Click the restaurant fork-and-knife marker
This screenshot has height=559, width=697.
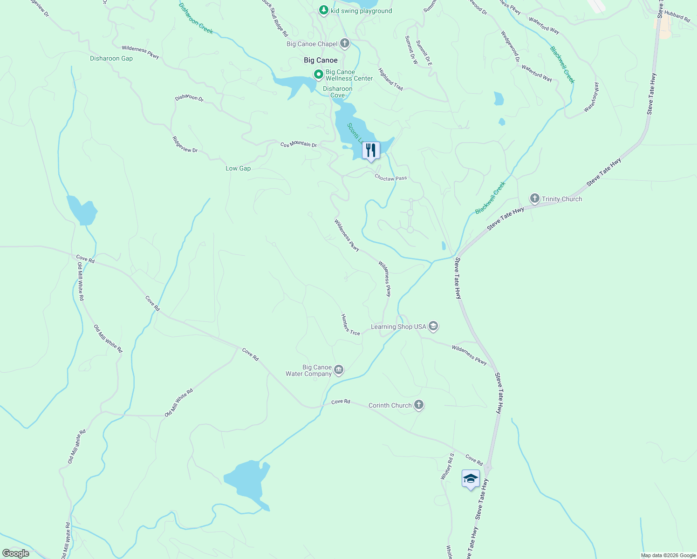click(371, 150)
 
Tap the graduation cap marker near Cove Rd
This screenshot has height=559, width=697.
click(471, 478)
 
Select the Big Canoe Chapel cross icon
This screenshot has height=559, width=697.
click(345, 44)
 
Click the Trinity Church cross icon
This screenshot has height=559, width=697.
click(535, 199)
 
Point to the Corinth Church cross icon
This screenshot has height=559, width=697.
click(419, 405)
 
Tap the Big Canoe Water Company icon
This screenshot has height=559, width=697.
click(339, 370)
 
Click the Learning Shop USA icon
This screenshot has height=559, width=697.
click(433, 327)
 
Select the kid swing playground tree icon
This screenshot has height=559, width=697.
click(324, 10)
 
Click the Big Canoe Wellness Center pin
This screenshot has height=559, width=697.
click(319, 75)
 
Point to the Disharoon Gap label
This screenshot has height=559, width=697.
click(111, 58)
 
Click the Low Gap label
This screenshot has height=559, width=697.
click(238, 168)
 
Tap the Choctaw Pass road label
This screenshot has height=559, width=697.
click(391, 178)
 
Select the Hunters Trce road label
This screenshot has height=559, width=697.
click(350, 325)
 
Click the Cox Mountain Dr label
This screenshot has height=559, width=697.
click(298, 144)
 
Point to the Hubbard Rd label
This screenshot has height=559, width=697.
click(677, 16)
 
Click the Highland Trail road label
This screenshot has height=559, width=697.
click(390, 79)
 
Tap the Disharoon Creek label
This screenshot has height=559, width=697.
click(196, 19)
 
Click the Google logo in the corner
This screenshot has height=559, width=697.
click(16, 553)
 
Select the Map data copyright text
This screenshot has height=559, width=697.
click(668, 555)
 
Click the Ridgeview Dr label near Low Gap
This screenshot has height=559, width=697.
click(185, 144)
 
